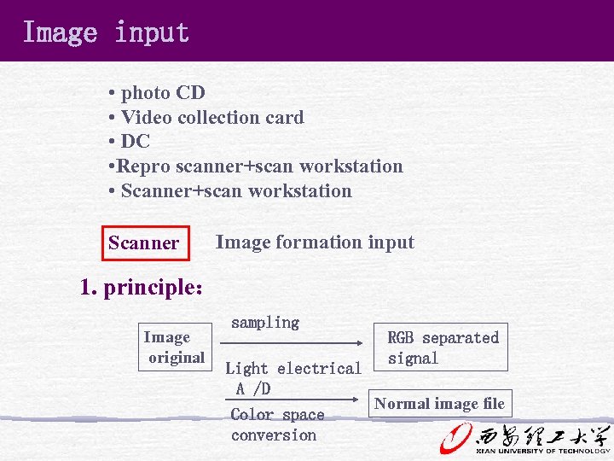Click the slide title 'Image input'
(106, 32)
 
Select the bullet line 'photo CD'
(162, 92)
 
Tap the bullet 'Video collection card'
(211, 117)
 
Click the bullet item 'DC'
(135, 142)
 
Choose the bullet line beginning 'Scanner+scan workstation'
(235, 190)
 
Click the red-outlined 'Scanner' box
(143, 242)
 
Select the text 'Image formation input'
(315, 242)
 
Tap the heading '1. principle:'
(142, 288)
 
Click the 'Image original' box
(175, 347)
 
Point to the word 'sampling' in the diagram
(265, 323)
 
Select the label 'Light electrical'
(293, 369)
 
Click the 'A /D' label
(253, 389)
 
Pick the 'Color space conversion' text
(277, 425)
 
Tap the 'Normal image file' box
(440, 404)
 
